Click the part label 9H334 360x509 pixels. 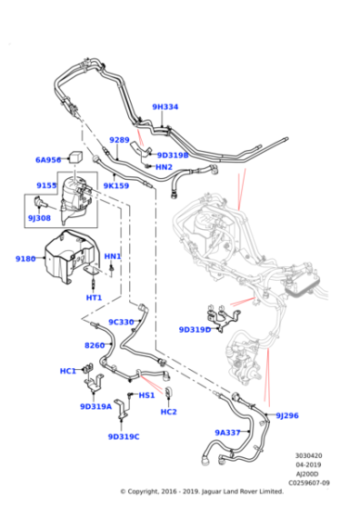(165, 107)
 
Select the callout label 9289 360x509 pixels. (119, 140)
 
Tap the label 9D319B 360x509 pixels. (172, 155)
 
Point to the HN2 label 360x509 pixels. (164, 167)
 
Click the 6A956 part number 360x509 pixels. (48, 160)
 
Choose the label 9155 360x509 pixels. (46, 185)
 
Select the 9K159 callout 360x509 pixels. (115, 185)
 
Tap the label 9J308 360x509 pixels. (39, 218)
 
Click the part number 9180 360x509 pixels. (25, 259)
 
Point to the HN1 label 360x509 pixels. (113, 256)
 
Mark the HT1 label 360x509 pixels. (94, 297)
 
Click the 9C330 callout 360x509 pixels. (122, 322)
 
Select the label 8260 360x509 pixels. (95, 345)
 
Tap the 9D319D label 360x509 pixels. (195, 330)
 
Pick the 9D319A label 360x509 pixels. (95, 406)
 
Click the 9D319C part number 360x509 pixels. (124, 436)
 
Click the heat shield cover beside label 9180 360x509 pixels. (64, 259)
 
